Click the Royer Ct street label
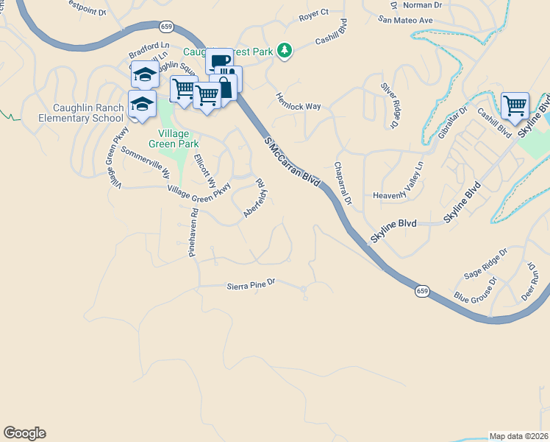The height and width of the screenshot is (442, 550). click(313, 15)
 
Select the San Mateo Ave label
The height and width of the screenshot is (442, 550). click(406, 20)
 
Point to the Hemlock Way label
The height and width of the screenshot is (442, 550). click(299, 101)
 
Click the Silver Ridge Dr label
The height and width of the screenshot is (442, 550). click(388, 104)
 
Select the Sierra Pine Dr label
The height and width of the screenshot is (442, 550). click(251, 282)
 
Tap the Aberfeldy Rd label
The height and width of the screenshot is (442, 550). click(254, 197)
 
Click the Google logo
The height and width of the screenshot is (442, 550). click(24, 433)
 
